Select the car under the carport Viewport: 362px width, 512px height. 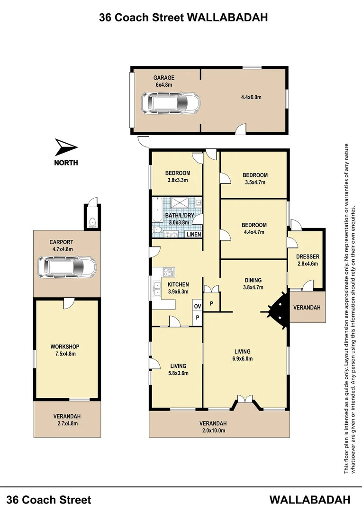click(67, 267)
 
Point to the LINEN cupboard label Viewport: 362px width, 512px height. click(194, 235)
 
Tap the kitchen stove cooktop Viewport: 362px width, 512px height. click(168, 272)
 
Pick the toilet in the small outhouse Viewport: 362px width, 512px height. click(92, 222)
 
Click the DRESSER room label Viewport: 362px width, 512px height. click(308, 257)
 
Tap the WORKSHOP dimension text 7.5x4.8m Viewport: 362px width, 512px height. click(63, 353)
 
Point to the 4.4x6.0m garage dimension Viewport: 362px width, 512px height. click(251, 97)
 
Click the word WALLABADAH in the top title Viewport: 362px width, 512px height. click(228, 18)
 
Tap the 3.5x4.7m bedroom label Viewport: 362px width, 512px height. click(255, 182)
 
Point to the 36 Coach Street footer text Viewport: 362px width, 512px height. click(50, 499)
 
